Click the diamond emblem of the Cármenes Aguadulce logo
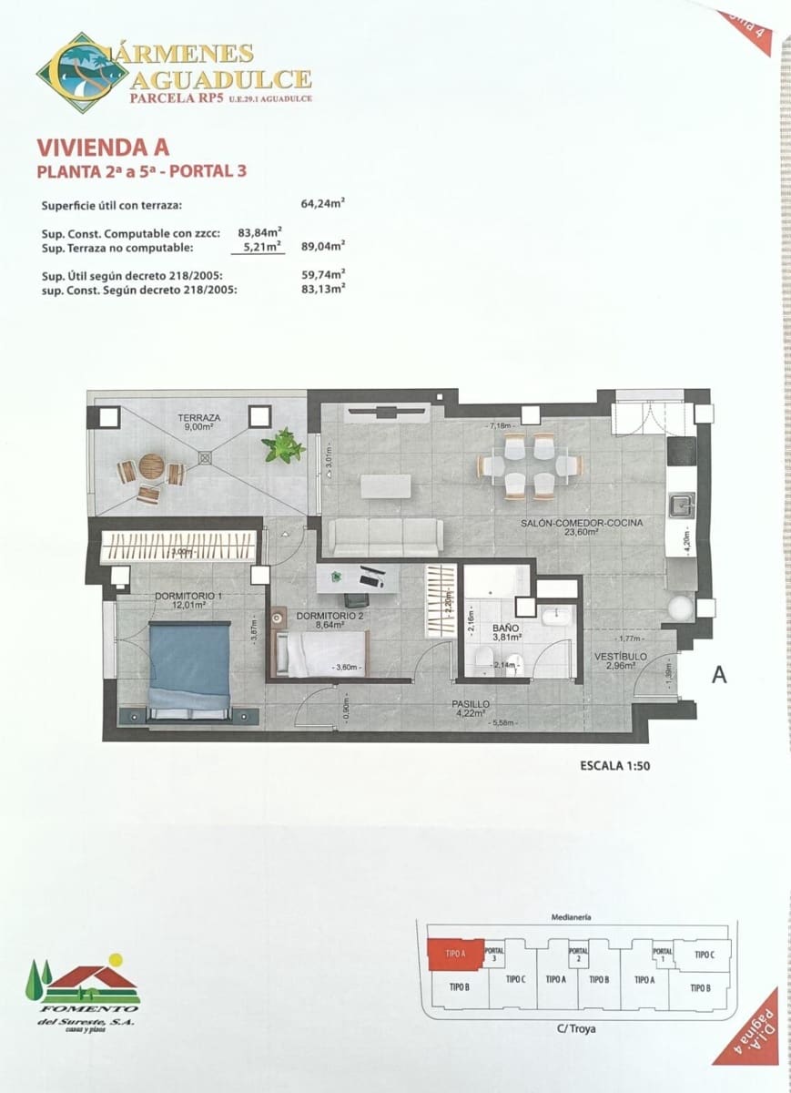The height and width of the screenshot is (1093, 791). [82, 73]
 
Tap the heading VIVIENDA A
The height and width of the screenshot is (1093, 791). [102, 147]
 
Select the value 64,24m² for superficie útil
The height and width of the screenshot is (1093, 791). [323, 205]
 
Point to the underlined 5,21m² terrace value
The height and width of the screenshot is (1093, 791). [260, 246]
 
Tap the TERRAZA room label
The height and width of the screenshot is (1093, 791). [198, 418]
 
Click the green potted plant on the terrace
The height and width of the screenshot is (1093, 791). [283, 445]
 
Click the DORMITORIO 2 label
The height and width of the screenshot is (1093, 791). [330, 616]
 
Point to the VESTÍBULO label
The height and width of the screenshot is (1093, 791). [621, 657]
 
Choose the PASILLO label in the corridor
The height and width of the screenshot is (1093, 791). [472, 705]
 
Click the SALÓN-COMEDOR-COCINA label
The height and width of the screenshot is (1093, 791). [582, 524]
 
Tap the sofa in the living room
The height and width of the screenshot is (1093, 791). [386, 537]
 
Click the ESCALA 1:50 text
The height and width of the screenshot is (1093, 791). [614, 766]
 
